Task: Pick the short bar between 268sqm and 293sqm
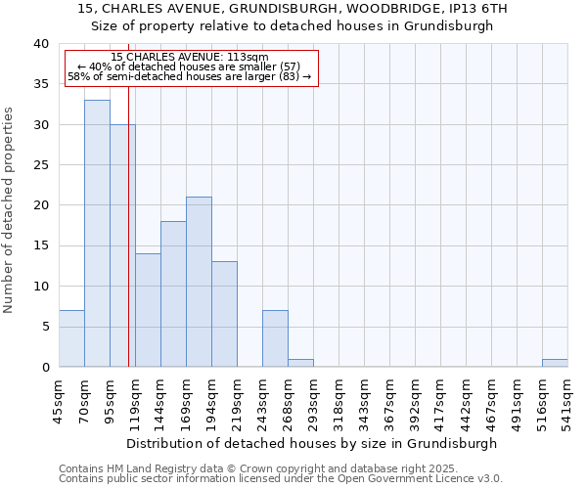click(x=300, y=363)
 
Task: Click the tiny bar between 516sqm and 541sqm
click(x=555, y=363)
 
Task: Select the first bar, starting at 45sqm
click(x=71, y=338)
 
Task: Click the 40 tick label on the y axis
click(x=40, y=44)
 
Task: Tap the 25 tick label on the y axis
click(x=40, y=165)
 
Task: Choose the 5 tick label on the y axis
click(x=44, y=327)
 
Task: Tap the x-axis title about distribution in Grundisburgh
click(x=312, y=443)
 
